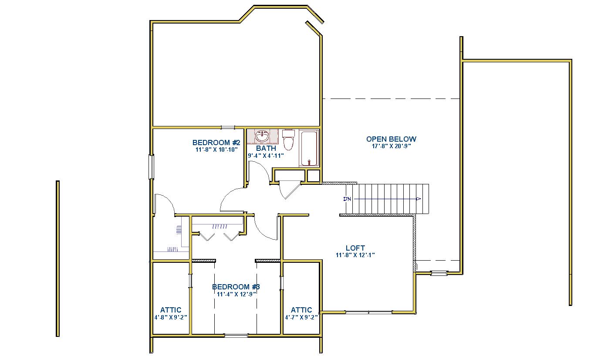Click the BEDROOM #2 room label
click(x=216, y=143)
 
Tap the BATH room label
click(x=266, y=148)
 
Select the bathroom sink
click(x=263, y=136)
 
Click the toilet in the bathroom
click(x=288, y=139)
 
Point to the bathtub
click(x=309, y=148)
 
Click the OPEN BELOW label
click(x=391, y=139)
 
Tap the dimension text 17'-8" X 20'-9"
click(x=391, y=146)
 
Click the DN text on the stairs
click(x=347, y=199)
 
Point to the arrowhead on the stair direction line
click(x=419, y=199)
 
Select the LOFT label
click(x=355, y=248)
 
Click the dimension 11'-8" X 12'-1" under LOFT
click(x=355, y=255)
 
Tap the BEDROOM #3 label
click(x=236, y=287)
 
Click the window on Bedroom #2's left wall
click(x=152, y=167)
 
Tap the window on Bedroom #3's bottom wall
click(x=236, y=336)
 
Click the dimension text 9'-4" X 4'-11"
click(x=266, y=156)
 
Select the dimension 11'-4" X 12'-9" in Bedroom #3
click(x=236, y=294)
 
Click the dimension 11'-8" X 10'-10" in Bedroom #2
click(x=216, y=149)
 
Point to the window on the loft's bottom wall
click(x=368, y=312)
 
